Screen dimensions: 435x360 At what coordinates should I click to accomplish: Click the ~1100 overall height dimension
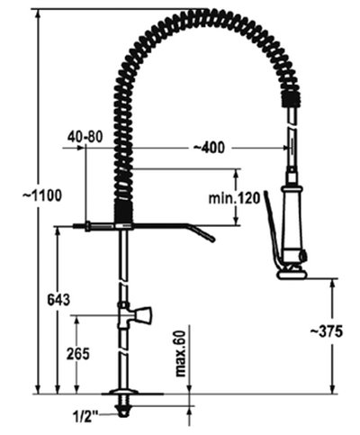(20, 194)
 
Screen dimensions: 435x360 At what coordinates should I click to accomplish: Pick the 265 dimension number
(78, 354)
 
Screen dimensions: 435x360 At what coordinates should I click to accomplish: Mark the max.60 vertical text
(180, 353)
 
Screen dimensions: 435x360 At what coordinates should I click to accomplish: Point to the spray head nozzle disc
(293, 274)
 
